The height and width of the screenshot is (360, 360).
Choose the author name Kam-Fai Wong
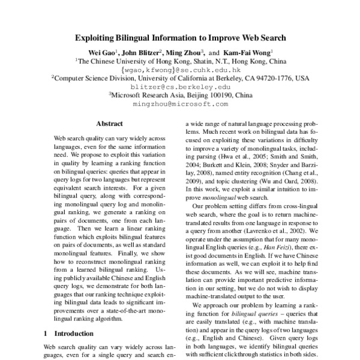pos(250,52)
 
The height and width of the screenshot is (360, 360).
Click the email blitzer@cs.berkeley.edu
pos(181,86)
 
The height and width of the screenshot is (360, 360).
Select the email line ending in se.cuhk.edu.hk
pos(181,69)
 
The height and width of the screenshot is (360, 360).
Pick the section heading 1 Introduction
pos(69,333)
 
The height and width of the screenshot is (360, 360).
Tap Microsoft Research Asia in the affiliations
pos(149,95)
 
